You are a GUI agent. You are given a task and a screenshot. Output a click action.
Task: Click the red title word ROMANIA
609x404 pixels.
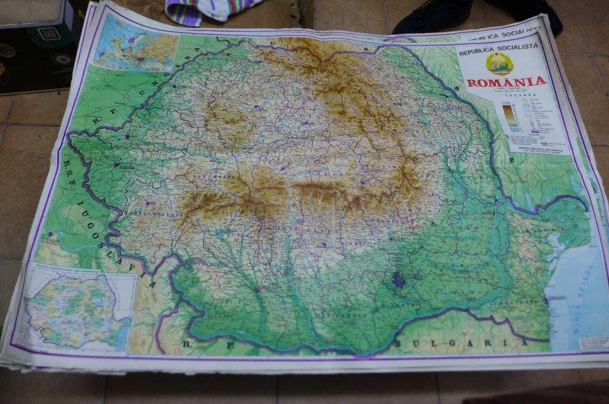[506, 82]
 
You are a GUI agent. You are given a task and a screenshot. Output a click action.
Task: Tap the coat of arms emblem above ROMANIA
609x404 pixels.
[499, 63]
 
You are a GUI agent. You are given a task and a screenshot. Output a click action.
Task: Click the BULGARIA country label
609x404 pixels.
[461, 343]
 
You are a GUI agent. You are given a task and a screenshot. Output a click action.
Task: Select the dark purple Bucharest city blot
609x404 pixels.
[398, 279]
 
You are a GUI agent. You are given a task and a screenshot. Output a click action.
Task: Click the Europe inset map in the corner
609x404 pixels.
[135, 43]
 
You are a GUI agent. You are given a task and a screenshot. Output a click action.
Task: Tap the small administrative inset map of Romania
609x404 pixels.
[76, 310]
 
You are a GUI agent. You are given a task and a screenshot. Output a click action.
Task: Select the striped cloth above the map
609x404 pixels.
[207, 11]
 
